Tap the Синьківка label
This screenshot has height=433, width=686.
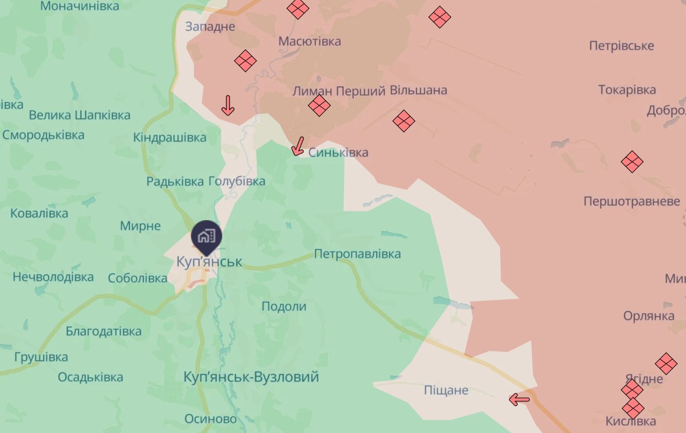(338, 153)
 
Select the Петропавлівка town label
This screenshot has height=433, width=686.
(357, 254)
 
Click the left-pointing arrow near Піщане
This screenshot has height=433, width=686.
(519, 399)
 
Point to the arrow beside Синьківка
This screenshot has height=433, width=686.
(298, 146)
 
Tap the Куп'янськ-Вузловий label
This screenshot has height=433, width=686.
(251, 377)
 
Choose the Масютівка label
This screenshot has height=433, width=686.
(309, 41)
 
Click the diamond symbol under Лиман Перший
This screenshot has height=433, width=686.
(319, 105)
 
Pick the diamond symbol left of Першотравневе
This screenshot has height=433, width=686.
(632, 162)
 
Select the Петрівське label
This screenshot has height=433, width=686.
(621, 46)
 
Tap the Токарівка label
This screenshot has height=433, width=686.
(627, 90)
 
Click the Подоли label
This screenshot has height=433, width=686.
(284, 306)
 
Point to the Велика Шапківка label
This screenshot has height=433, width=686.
(80, 115)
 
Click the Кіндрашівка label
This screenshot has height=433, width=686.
(169, 137)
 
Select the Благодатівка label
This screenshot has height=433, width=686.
(103, 331)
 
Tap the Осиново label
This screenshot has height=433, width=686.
(210, 419)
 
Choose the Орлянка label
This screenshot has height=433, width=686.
(648, 316)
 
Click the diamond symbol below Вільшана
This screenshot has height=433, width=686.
(404, 121)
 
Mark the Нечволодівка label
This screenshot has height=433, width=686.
(53, 277)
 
